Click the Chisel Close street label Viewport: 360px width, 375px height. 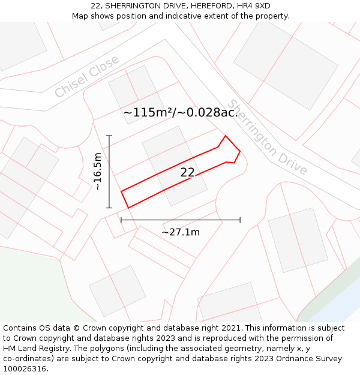pos(87,77)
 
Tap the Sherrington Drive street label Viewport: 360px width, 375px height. pos(268,137)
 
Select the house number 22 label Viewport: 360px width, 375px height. pos(187,173)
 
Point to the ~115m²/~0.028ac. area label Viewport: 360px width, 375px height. pos(181,113)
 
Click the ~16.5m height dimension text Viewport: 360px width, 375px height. pos(97,172)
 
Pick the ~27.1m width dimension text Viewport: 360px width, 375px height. pos(181,232)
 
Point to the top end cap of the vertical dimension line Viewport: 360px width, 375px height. pos(109,136)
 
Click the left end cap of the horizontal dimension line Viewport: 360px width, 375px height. pos(121,220)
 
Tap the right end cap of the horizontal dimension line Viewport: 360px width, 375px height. pos(240,220)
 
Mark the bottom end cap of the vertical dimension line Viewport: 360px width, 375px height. pos(109,208)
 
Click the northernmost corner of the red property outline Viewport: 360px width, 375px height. pos(226,136)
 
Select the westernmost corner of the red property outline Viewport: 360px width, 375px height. pos(121,191)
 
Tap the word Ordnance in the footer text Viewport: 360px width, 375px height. pos(308,358)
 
